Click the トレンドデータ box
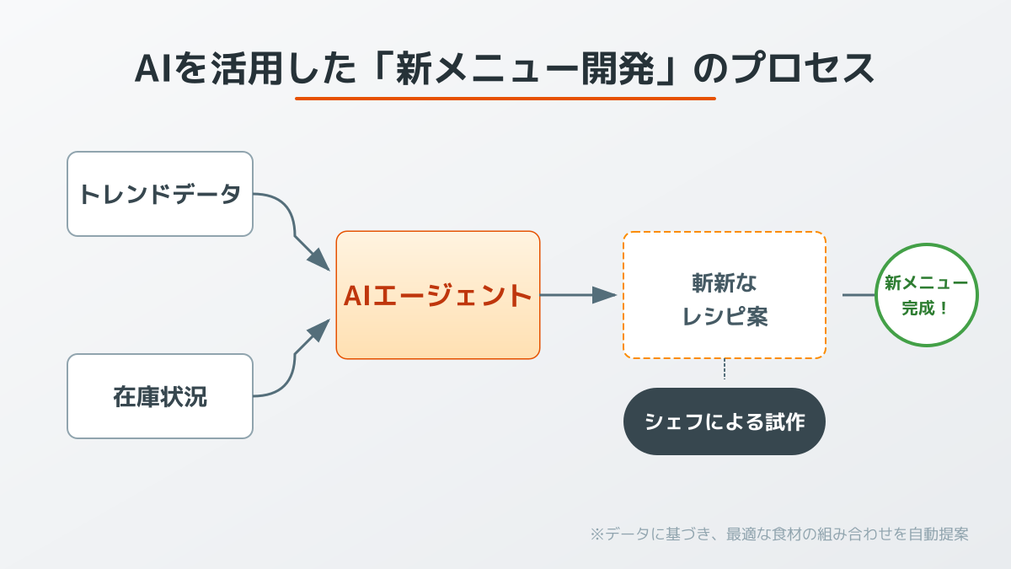tap(160, 194)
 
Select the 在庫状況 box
tap(160, 396)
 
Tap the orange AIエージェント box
tap(438, 295)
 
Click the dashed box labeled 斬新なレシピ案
tap(725, 295)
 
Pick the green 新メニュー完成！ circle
tap(927, 295)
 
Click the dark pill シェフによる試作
tap(725, 421)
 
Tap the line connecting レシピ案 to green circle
tap(859, 295)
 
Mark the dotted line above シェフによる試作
tap(725, 369)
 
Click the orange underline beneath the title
tap(505, 99)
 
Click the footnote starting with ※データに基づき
tap(779, 534)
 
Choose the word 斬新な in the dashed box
tap(725, 282)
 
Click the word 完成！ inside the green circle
tap(926, 308)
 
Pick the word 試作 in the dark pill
tap(786, 421)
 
